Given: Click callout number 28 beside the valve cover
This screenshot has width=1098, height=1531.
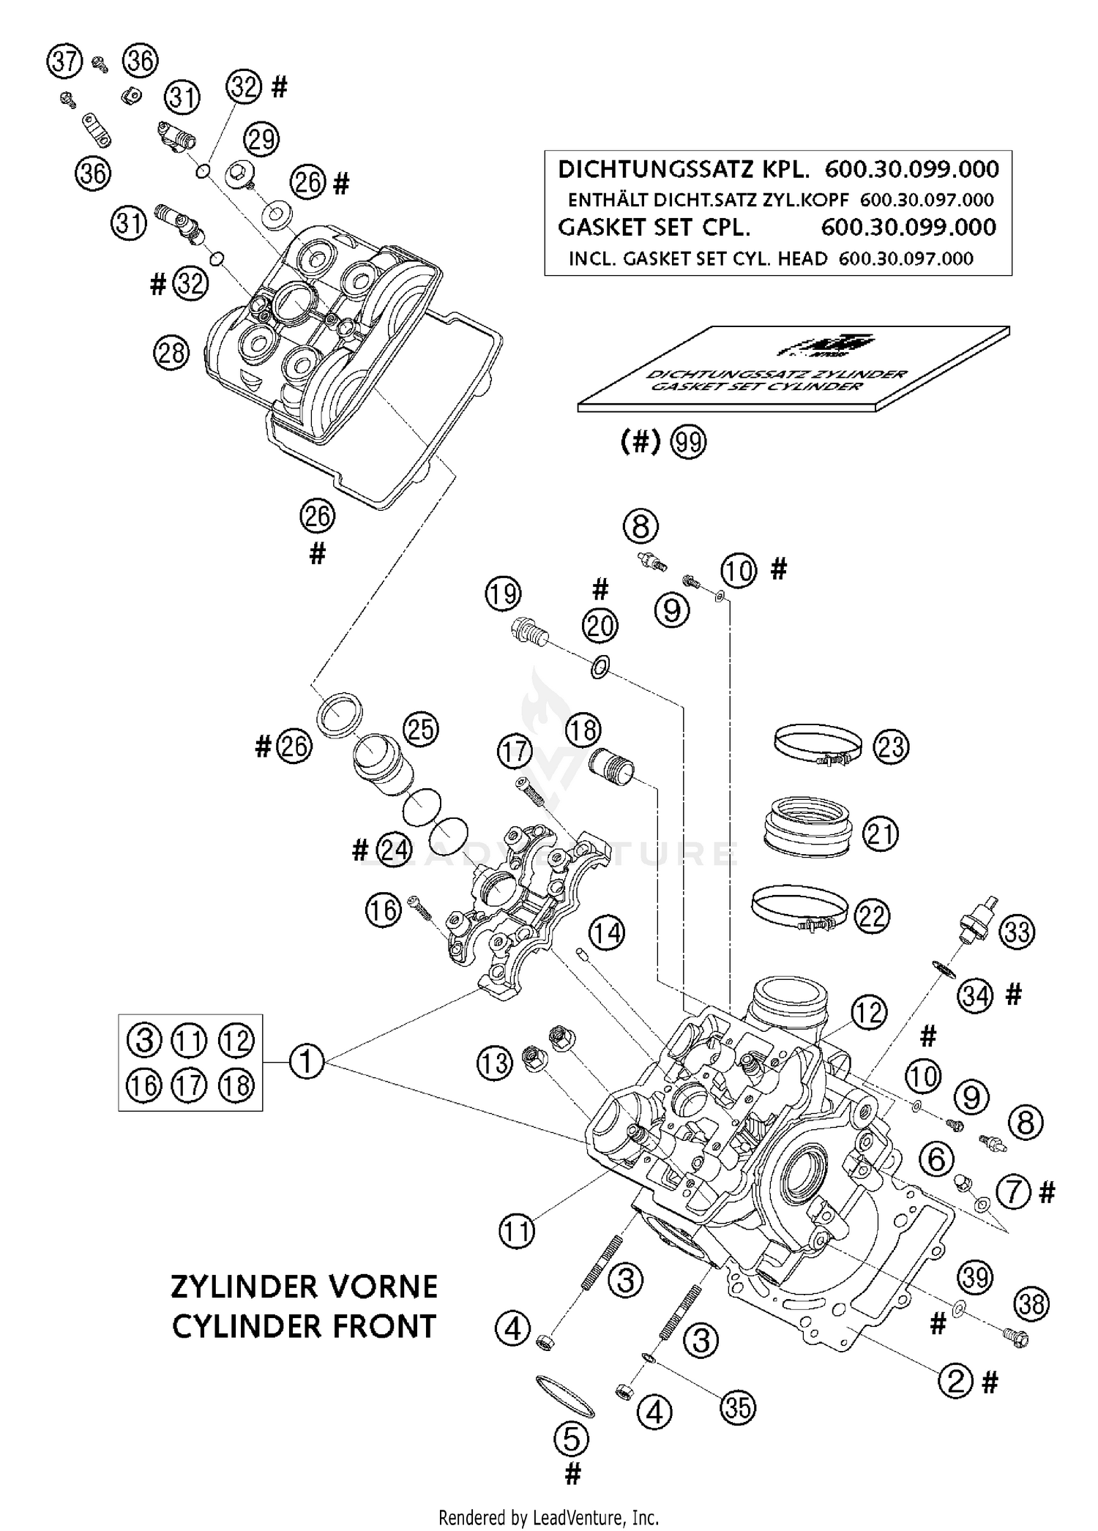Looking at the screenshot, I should pyautogui.click(x=171, y=353).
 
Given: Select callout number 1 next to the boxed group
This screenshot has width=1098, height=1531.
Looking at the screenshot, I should pyautogui.click(x=306, y=1060).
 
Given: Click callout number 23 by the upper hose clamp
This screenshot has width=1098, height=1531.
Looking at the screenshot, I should pyautogui.click(x=892, y=747).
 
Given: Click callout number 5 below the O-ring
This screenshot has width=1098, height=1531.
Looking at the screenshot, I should pyautogui.click(x=572, y=1440).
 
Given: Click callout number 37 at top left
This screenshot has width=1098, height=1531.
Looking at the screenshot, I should pyautogui.click(x=64, y=61).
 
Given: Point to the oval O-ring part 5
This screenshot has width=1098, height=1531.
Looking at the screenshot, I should pyautogui.click(x=565, y=1397).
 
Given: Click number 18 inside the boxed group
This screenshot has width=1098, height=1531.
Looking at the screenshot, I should pyautogui.click(x=236, y=1085).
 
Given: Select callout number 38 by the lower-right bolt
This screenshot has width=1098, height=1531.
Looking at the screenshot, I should pyautogui.click(x=1031, y=1303).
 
